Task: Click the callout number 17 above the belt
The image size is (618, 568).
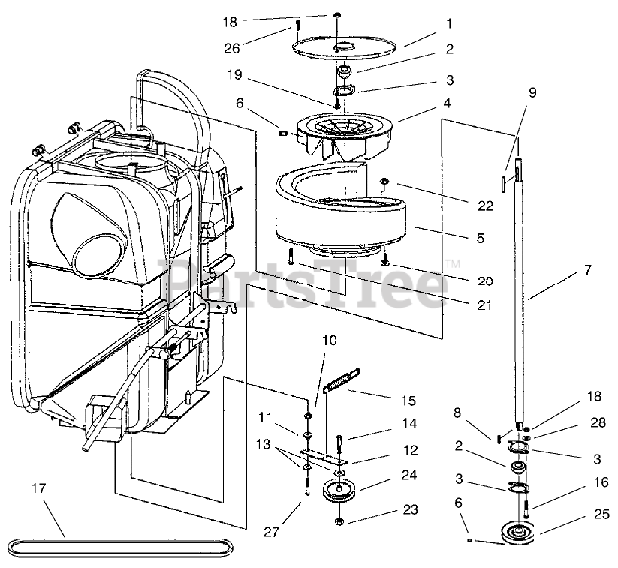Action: pos(39,488)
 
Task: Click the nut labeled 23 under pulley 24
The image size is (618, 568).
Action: pos(338,521)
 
